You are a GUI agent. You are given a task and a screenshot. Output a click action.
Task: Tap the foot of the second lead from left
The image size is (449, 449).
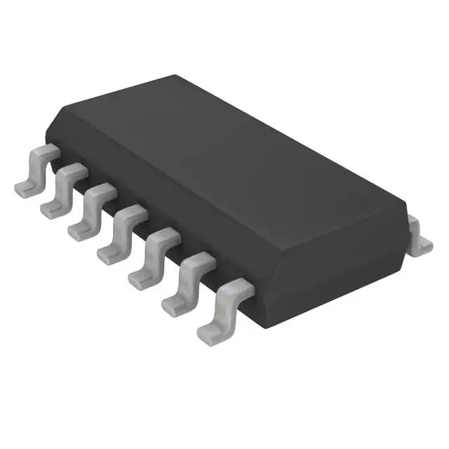(51, 208)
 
